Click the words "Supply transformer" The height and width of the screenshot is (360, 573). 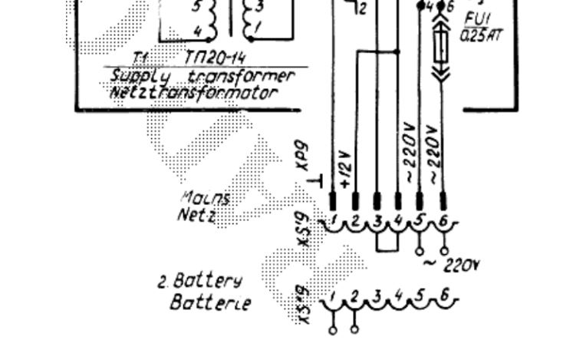click(203, 76)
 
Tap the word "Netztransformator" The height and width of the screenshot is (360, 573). click(193, 93)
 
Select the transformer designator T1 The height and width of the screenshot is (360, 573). click(140, 58)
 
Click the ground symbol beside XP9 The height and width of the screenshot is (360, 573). click(315, 181)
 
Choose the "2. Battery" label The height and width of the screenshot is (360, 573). click(189, 280)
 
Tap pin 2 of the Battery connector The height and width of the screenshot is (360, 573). click(354, 296)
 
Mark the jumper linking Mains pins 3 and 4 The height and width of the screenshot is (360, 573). click(387, 247)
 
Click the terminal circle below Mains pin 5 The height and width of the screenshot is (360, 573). click(419, 251)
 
